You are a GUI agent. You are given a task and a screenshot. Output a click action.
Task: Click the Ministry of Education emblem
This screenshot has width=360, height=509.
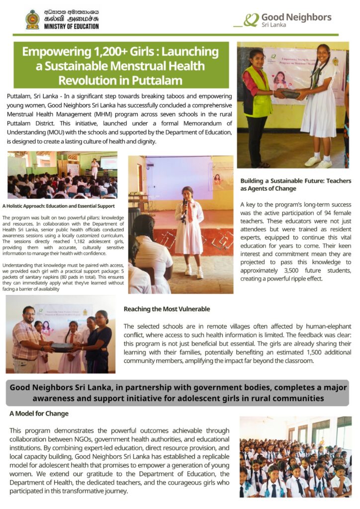pos(33,19)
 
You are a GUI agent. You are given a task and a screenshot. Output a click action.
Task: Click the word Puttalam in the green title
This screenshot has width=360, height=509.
pos(157,80)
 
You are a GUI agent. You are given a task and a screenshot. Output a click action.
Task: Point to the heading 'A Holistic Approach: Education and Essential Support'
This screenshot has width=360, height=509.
pos(59,206)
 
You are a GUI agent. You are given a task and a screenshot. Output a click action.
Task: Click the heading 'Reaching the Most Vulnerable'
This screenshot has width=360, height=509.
pos(167,309)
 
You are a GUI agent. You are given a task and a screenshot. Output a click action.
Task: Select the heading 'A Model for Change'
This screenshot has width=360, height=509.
pos(39,414)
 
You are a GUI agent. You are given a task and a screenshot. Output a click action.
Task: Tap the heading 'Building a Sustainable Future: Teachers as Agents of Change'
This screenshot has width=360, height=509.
pos(295,184)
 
